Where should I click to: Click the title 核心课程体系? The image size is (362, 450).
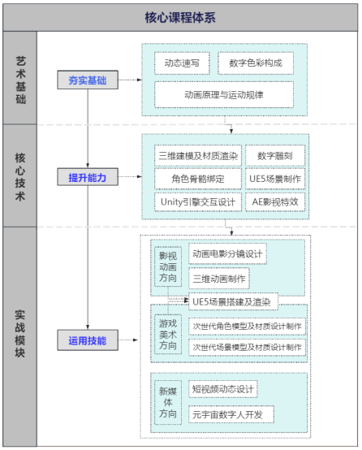tap(180, 18)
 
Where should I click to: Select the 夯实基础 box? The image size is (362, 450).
tap(88, 80)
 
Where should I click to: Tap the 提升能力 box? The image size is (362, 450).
tap(88, 177)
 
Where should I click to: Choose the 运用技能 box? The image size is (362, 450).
tap(88, 340)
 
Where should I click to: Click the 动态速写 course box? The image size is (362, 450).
tap(182, 63)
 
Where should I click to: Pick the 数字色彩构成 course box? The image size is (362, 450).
tap(256, 63)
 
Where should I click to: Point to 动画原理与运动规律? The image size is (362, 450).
tap(224, 95)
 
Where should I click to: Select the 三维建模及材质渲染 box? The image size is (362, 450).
tap(198, 156)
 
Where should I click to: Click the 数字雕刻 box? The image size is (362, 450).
tap(275, 156)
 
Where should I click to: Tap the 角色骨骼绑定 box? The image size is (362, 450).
tap(198, 179)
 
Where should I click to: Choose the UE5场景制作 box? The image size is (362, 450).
tap(275, 179)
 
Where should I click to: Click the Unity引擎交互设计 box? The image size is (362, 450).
tap(198, 202)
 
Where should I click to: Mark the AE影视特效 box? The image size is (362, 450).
tap(275, 202)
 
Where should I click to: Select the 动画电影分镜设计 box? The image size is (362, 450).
tap(227, 253)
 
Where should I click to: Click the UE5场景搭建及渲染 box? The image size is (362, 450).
tap(233, 301)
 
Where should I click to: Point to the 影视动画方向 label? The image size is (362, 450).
tap(168, 266)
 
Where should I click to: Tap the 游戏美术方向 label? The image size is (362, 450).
tap(168, 335)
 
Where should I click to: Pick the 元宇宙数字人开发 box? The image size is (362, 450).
tap(231, 414)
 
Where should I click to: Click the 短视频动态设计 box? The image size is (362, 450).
tap(223, 389)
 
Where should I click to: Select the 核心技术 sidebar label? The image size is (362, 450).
tap(20, 176)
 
